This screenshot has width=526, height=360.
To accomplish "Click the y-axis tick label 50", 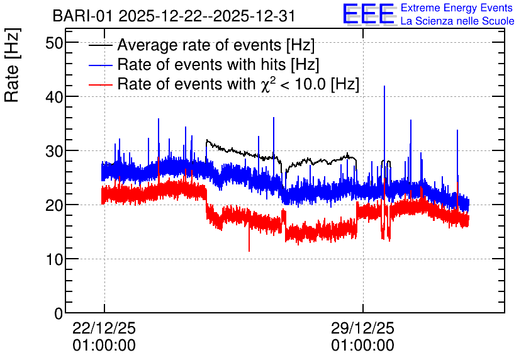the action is pyautogui.click(x=54, y=43).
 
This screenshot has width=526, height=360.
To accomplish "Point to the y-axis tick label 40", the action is pyautogui.click(x=54, y=97).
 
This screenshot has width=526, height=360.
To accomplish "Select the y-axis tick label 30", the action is pyautogui.click(x=54, y=151).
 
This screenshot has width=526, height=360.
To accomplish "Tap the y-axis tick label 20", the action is pyautogui.click(x=54, y=205).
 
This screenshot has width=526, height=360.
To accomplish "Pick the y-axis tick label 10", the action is pyautogui.click(x=54, y=259).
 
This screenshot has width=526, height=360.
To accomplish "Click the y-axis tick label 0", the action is pyautogui.click(x=59, y=313).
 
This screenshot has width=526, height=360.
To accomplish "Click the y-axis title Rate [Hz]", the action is pyautogui.click(x=12, y=65).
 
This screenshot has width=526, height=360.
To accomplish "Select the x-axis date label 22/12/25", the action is pyautogui.click(x=104, y=328).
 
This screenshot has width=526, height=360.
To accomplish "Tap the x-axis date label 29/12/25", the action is pyautogui.click(x=362, y=328).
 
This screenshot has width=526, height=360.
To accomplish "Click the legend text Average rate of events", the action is pyautogui.click(x=199, y=45).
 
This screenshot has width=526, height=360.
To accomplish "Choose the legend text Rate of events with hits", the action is pyautogui.click(x=201, y=64).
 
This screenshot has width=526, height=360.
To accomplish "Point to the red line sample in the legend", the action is pyautogui.click(x=100, y=84).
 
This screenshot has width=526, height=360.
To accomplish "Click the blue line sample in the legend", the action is pyautogui.click(x=100, y=65).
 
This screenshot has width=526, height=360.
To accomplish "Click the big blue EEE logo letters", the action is pyautogui.click(x=369, y=14).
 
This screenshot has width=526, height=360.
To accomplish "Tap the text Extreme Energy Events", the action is pyautogui.click(x=457, y=8).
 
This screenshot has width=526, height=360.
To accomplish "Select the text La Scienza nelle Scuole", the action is pyautogui.click(x=457, y=21).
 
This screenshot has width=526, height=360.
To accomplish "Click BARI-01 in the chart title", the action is pyautogui.click(x=82, y=16).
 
